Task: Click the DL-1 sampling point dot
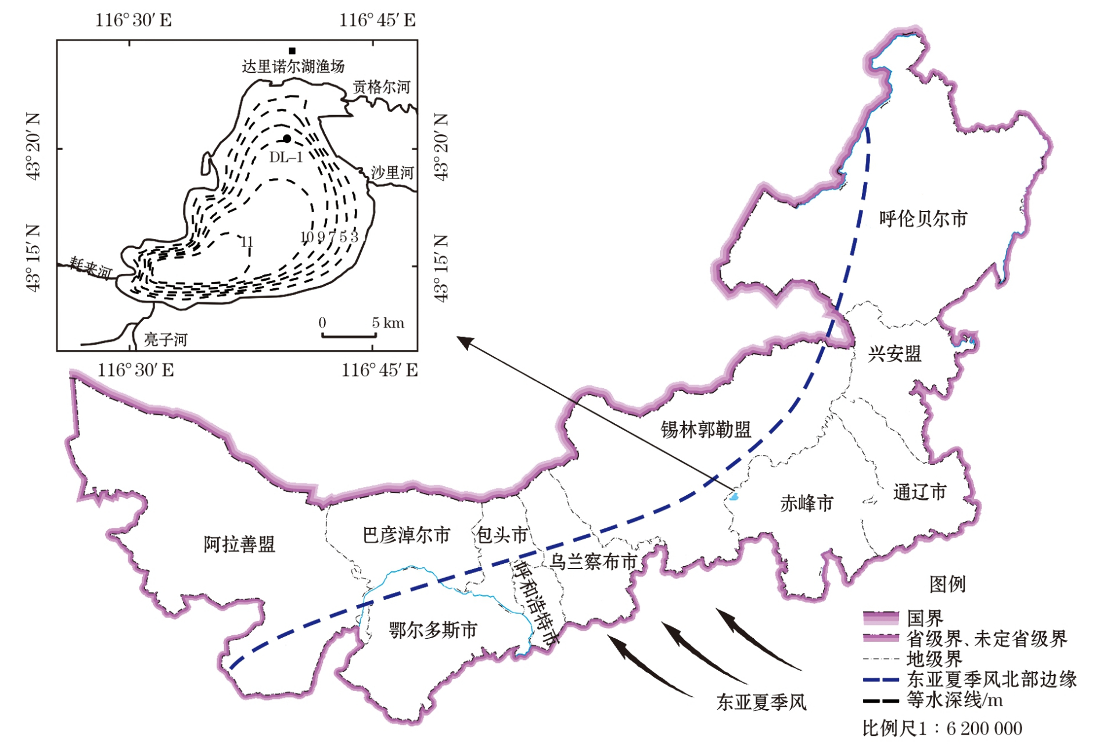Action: (x=287, y=139)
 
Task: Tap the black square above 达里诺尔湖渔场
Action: (x=292, y=51)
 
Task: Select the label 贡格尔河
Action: (x=382, y=87)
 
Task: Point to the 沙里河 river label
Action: (x=393, y=173)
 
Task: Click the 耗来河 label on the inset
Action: (x=91, y=268)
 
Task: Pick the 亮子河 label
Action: (x=166, y=339)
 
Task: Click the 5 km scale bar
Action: (x=349, y=335)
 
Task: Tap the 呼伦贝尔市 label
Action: (x=923, y=219)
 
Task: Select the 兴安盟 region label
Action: (x=894, y=354)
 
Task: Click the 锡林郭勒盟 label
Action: (x=706, y=430)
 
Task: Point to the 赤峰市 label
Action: (x=807, y=503)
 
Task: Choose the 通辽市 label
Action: (x=920, y=492)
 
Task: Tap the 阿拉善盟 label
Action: (x=239, y=545)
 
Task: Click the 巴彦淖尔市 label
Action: (x=407, y=535)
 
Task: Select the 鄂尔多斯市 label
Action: (x=433, y=630)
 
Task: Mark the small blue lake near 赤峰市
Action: (x=734, y=497)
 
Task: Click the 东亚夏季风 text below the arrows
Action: (x=761, y=703)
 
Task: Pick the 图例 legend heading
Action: (x=947, y=584)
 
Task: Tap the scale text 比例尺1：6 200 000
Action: (x=942, y=728)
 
